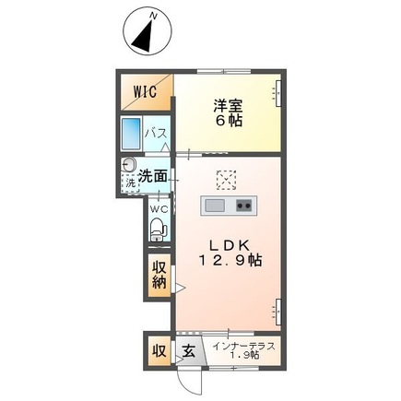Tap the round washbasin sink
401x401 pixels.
(129, 168)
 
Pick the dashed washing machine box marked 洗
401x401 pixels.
(130, 183)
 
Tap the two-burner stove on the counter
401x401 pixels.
(244, 204)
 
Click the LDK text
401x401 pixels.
(225, 244)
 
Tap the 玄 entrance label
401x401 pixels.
(188, 351)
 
